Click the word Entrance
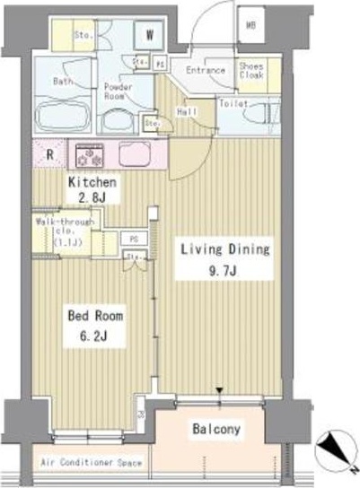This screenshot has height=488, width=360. pyautogui.click(x=205, y=70)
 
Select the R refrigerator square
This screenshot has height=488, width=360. pyautogui.click(x=48, y=153)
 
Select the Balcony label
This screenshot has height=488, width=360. pyautogui.click(x=216, y=430)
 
